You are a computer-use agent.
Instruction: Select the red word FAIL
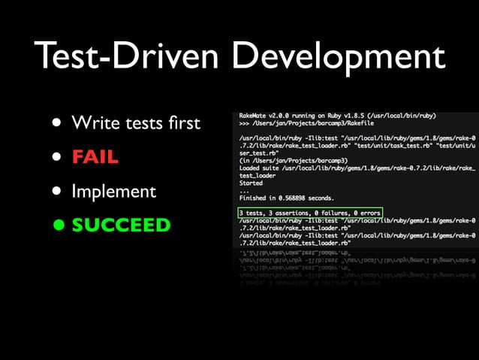click(x=95, y=156)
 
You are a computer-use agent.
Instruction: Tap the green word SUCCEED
click(x=121, y=225)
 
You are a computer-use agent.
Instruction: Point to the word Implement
click(x=113, y=192)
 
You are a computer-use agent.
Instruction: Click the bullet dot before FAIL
click(x=58, y=157)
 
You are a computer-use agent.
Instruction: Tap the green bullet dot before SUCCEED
click(x=58, y=225)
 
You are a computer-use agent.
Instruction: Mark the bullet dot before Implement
click(x=58, y=191)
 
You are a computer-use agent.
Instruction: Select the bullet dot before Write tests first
click(x=58, y=123)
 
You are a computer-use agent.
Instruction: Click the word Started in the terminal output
click(x=251, y=183)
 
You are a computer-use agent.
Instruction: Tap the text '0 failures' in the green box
click(x=327, y=213)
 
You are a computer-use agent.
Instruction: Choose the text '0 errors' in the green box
click(x=365, y=213)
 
